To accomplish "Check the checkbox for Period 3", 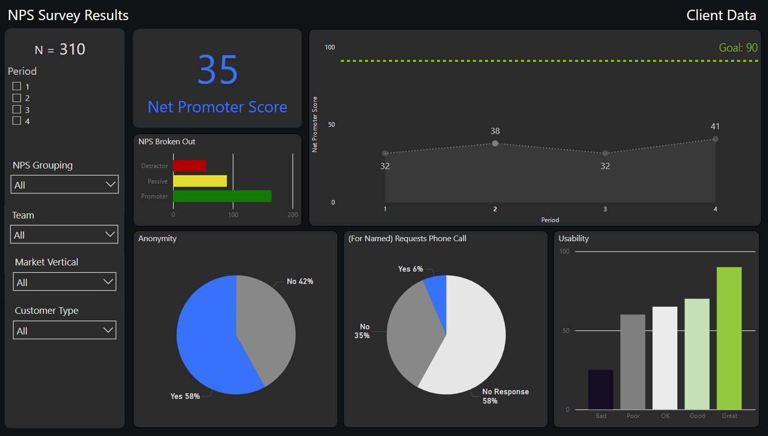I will [16, 109].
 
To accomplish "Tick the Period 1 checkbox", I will [16, 86].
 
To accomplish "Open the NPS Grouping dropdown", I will [64, 185].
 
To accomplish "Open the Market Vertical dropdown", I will [64, 282].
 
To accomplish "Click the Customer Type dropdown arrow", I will [108, 330].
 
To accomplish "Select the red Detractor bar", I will [190, 166].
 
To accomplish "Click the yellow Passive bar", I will [200, 181].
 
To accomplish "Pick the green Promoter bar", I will [222, 196].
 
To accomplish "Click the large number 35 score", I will [218, 71].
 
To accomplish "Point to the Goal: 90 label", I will [738, 48].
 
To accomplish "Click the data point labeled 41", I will [715, 139].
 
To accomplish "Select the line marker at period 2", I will [495, 143].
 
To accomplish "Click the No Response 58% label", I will [505, 396].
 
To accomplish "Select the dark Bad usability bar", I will [601, 390].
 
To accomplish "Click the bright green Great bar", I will [729, 338].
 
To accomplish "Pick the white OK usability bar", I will [664, 358].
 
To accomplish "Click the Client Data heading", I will [721, 15].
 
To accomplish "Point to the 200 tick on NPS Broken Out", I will [293, 215].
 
